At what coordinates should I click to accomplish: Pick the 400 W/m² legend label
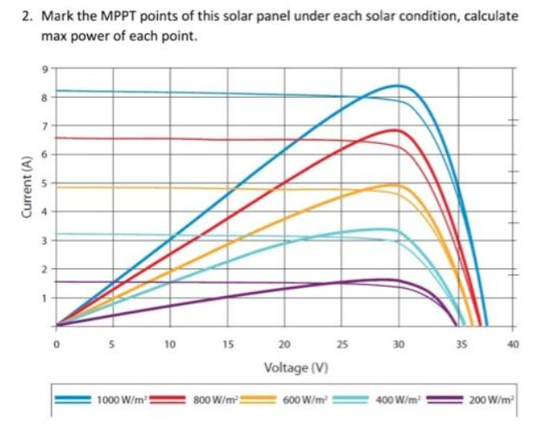click(x=400, y=400)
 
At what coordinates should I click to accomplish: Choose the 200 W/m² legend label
click(x=493, y=400)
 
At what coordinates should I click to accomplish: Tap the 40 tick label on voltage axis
click(x=513, y=345)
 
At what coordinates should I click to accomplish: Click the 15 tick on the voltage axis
click(x=228, y=345)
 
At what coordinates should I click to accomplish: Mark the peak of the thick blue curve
click(x=399, y=86)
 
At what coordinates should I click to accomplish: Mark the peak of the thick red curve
click(x=397, y=130)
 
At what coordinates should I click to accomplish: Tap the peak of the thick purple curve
click(x=392, y=280)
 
